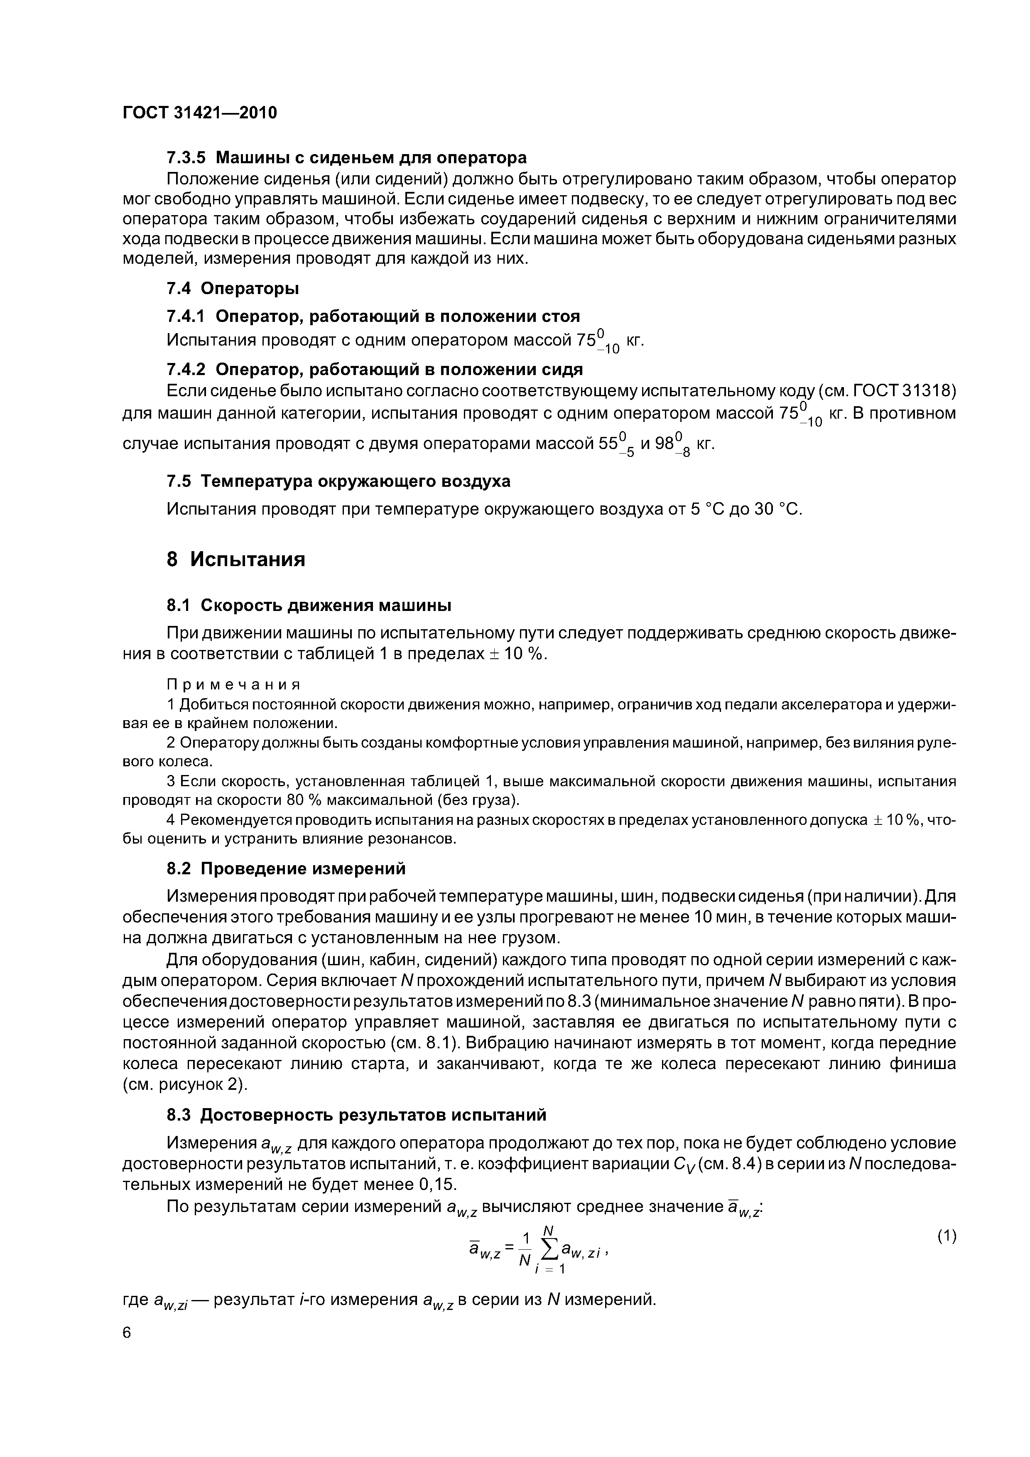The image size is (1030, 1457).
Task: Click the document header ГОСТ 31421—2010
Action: tap(200, 113)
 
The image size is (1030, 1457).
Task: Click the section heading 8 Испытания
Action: tap(235, 559)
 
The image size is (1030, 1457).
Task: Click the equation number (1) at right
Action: tap(946, 1236)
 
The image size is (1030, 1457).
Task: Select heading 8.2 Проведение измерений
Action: tap(286, 868)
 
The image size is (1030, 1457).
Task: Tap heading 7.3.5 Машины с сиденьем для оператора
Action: tap(346, 157)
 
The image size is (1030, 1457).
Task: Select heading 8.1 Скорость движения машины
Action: tap(309, 606)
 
